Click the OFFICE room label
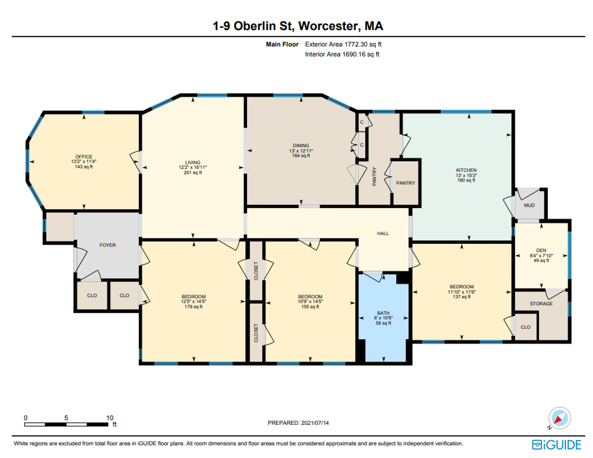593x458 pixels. click(x=84, y=156)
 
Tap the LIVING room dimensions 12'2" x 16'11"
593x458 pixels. click(x=193, y=168)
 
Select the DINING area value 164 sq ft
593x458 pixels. click(x=301, y=156)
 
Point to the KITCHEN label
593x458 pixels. click(x=466, y=170)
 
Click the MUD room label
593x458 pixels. click(x=529, y=205)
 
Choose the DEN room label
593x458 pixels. click(x=541, y=251)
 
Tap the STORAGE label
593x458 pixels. click(x=541, y=304)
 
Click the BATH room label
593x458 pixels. click(x=383, y=313)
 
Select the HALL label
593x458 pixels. click(x=383, y=234)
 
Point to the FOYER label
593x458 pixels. click(x=108, y=245)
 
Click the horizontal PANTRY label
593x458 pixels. click(x=405, y=183)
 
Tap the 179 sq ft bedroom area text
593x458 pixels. click(x=193, y=307)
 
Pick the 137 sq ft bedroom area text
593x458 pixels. click(x=461, y=297)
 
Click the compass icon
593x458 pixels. click(x=560, y=418)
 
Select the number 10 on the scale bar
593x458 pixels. click(x=110, y=418)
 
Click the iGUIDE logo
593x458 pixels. click(x=557, y=444)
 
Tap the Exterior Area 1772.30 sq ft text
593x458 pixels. click(x=343, y=44)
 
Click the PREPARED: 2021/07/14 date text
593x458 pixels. click(x=298, y=423)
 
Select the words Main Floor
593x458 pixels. click(x=282, y=44)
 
